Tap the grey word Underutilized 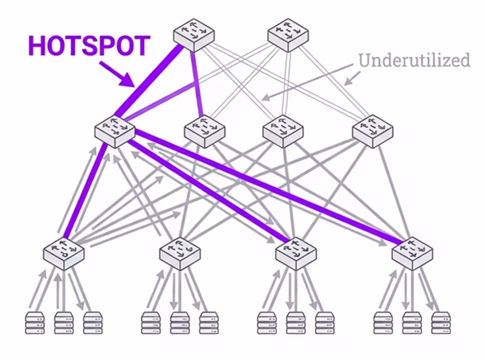(x=414, y=60)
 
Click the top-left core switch (x=194, y=34)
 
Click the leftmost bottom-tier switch (x=64, y=253)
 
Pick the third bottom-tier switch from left (x=296, y=253)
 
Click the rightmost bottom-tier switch (x=412, y=253)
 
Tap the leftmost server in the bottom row (x=35, y=322)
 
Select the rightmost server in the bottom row (x=441, y=322)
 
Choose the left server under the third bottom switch (x=267, y=322)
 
